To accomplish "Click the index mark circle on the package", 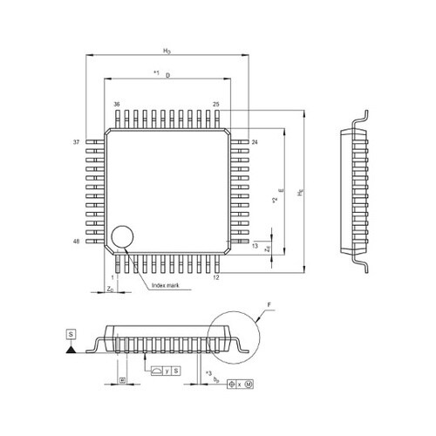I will tap(123, 236).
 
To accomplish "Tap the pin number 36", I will tap(116, 104).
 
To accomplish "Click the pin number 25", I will tap(215, 104).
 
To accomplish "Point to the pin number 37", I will tap(76, 141).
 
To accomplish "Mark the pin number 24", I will tap(255, 141).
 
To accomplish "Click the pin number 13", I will tap(255, 247).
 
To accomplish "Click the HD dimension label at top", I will tap(167, 52).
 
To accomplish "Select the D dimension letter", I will tap(167, 76).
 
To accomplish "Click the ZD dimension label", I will tap(110, 288).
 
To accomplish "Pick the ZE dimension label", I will tap(268, 249).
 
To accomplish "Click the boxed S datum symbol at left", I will tap(69, 334).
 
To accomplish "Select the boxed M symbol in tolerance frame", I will tap(249, 384).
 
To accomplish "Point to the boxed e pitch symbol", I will tap(123, 381).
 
